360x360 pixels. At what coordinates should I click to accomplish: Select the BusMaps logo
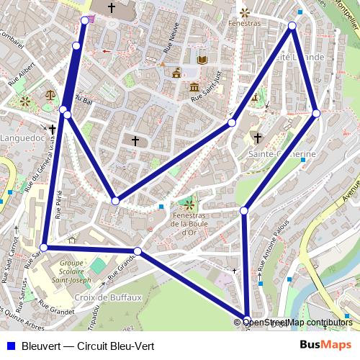tap(326, 345)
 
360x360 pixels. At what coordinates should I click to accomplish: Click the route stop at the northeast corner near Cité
tap(292, 26)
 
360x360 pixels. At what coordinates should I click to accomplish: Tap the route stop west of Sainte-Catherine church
tap(232, 123)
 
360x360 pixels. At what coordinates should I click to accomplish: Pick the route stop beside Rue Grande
tap(138, 251)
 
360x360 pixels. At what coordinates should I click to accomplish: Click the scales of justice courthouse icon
tap(50, 94)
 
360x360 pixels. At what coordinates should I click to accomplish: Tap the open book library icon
tap(202, 60)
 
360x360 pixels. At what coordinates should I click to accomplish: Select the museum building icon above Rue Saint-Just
tap(194, 87)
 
